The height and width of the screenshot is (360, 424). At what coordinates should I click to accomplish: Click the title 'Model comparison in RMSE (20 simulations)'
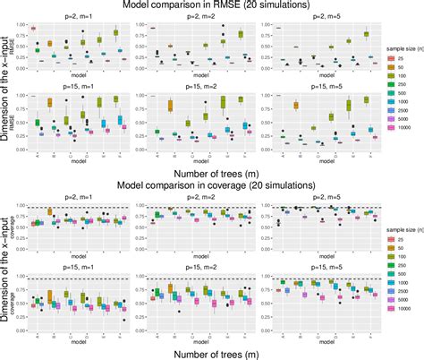(211, 6)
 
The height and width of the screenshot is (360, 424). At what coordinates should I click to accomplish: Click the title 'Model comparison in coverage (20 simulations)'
(211, 185)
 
